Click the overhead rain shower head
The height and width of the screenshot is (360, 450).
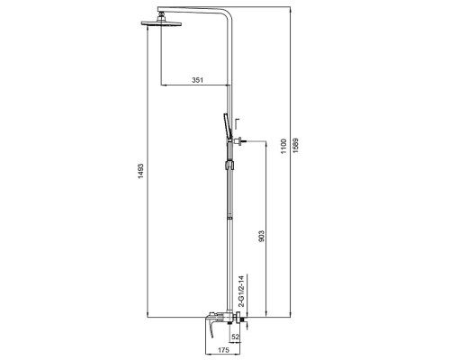pos(163,26)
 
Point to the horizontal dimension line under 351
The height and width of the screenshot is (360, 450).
pos(196,87)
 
